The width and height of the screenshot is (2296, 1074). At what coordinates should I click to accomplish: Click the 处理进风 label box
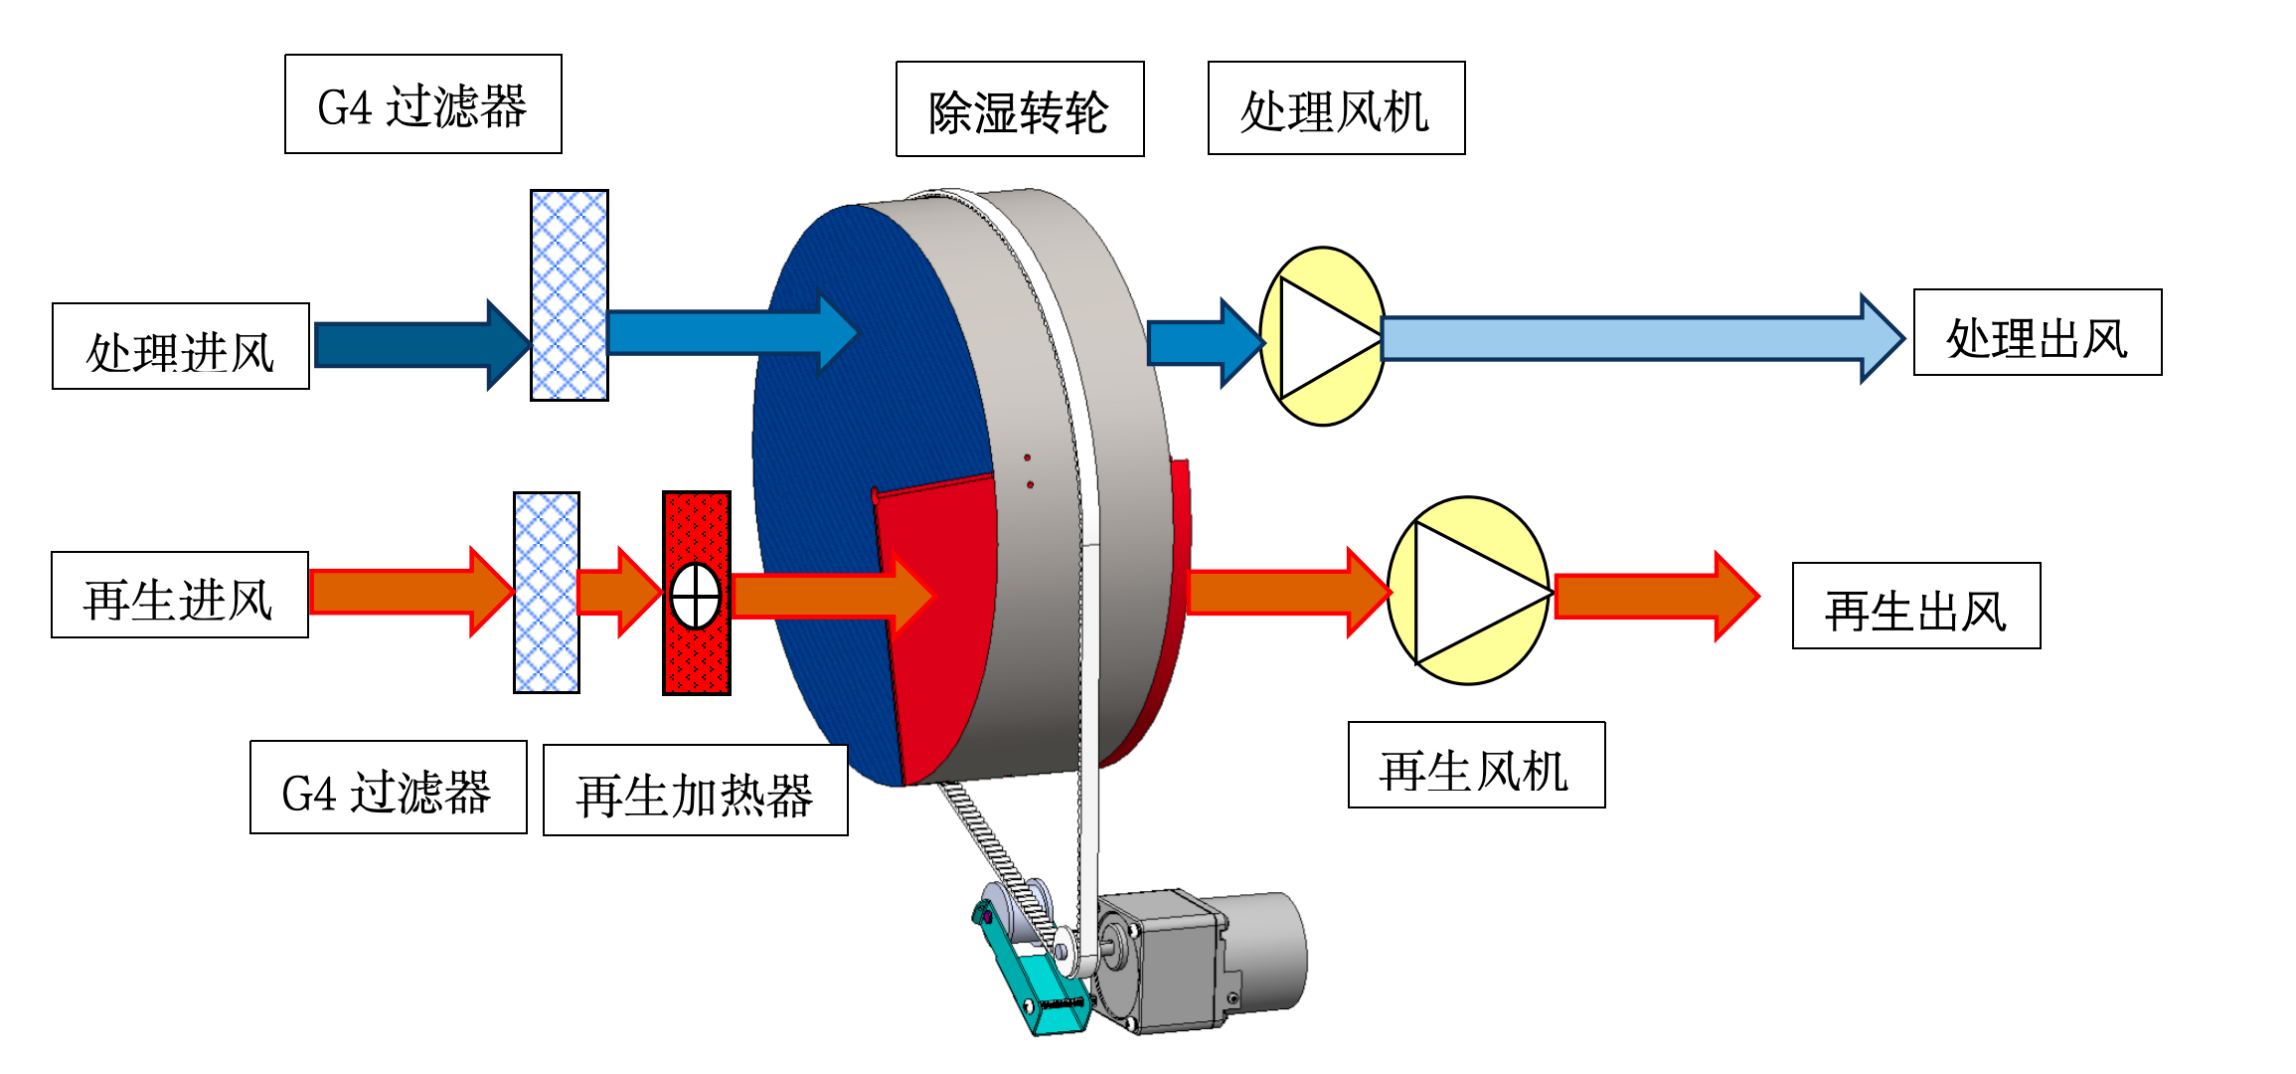[181, 346]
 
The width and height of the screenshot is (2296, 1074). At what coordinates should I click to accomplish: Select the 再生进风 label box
[180, 595]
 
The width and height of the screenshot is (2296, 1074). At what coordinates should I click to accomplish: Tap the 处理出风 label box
[2038, 332]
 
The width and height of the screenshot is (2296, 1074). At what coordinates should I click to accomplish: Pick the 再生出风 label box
[1916, 606]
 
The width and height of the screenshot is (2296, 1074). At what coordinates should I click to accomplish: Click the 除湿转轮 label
[1020, 109]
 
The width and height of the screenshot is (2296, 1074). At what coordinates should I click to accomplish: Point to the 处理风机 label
[1336, 108]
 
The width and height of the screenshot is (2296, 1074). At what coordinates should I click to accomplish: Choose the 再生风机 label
[1476, 765]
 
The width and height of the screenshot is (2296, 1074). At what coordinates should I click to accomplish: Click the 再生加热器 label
[695, 791]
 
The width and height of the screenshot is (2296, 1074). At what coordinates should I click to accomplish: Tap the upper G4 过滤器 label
[423, 104]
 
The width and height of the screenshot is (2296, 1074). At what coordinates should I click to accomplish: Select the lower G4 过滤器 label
[389, 787]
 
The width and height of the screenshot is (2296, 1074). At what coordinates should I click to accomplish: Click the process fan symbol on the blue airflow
[1322, 336]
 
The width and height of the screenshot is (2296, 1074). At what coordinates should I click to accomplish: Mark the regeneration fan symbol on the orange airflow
[1468, 591]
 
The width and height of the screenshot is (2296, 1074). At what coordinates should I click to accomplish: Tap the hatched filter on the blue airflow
[570, 295]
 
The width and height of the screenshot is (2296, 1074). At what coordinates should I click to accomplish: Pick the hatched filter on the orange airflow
[547, 593]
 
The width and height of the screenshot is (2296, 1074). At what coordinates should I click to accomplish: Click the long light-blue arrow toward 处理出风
[1630, 338]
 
